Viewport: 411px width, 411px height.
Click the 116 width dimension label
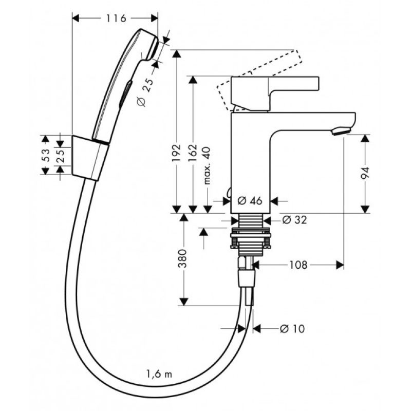point(116,18)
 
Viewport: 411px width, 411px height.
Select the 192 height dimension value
point(177,152)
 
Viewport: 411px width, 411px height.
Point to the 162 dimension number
point(193,152)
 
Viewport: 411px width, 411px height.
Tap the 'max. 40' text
point(207,165)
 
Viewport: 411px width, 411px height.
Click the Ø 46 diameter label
point(250,201)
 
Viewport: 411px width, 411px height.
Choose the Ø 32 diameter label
point(294,220)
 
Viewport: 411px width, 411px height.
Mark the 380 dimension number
point(183,259)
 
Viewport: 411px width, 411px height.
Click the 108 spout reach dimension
point(298,265)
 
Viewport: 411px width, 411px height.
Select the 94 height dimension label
point(365,173)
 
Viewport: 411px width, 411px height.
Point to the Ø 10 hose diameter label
point(292,328)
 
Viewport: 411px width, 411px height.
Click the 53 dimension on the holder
point(45,155)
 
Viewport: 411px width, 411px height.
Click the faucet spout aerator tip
point(341,131)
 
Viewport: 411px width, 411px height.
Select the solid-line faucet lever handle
point(275,94)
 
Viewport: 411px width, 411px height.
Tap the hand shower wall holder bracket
point(90,158)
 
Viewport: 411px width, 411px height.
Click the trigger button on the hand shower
point(126,94)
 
